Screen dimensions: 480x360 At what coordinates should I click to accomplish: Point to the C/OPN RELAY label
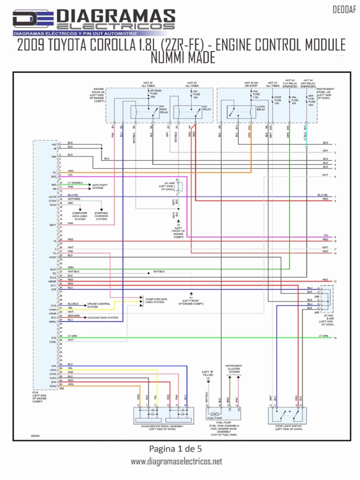click(x=261, y=108)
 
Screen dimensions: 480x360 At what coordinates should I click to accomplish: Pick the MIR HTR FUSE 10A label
click(x=310, y=100)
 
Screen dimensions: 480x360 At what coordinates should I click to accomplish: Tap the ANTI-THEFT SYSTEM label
click(x=101, y=187)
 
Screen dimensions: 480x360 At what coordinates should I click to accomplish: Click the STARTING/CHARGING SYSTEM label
click(x=101, y=216)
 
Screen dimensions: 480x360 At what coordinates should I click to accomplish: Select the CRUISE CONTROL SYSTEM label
click(x=99, y=305)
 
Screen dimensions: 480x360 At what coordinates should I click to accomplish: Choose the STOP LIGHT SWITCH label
click(x=287, y=428)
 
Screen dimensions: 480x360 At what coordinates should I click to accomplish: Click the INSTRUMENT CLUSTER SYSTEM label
click(x=234, y=369)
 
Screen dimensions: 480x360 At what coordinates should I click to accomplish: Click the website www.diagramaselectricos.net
click(x=176, y=462)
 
